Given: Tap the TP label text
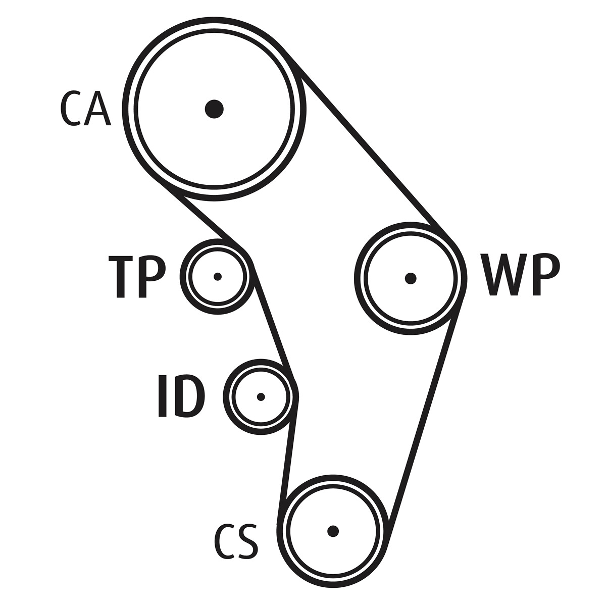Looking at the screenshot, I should point(137,276).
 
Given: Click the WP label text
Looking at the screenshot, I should point(520,275).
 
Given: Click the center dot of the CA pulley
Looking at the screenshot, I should point(214,109).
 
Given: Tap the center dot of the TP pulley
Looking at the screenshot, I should point(218,276).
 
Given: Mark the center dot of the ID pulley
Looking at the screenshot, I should point(261,397).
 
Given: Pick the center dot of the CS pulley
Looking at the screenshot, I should point(332,531).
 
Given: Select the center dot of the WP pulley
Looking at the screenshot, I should point(411,278).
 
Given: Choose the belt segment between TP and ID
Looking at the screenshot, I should point(273,323).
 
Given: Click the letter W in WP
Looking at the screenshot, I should point(500,275).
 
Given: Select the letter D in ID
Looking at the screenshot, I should point(190,396).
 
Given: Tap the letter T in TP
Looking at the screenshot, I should point(121,276).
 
